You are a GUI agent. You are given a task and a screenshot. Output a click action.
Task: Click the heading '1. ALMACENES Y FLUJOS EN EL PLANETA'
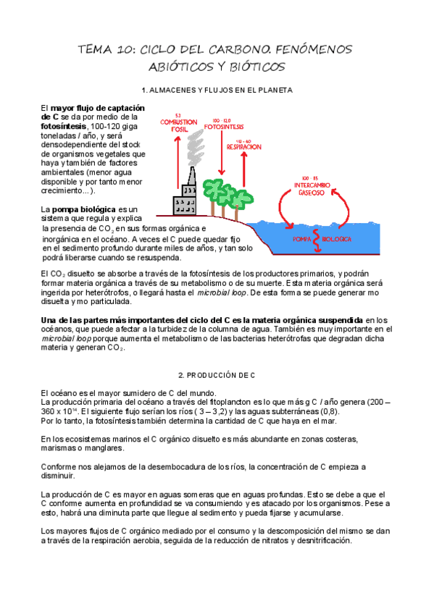pyautogui.click(x=217, y=91)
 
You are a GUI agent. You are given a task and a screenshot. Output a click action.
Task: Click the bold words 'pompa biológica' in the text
pyautogui.click(x=84, y=209)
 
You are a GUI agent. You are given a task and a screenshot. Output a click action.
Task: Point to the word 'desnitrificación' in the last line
pyautogui.click(x=322, y=540)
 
